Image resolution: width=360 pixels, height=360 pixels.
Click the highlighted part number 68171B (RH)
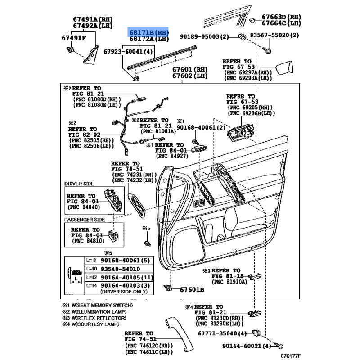[149, 33]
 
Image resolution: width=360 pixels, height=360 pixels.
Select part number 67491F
[74, 37]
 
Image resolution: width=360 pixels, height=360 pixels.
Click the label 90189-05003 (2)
[205, 36]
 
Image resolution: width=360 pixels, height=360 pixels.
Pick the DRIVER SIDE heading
[79, 184]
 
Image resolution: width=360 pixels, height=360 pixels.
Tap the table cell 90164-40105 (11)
[127, 277]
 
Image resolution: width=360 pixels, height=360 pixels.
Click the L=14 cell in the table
[92, 285]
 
